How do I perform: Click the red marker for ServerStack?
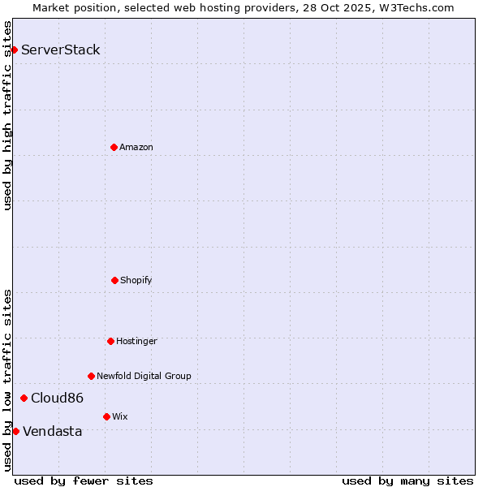coord(14,50)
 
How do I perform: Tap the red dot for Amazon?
coord(114,147)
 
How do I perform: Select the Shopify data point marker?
coord(114,280)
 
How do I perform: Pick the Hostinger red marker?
coord(110,341)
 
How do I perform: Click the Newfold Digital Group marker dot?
coord(91,376)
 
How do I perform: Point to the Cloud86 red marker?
coord(24,398)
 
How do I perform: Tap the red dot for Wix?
coord(106,416)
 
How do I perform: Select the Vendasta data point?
coord(15,431)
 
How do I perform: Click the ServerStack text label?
coord(61,50)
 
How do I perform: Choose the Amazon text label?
coord(136,148)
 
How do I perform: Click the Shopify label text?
coord(136,281)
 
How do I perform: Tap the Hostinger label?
coord(136,342)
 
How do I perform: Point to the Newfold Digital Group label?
coord(144,377)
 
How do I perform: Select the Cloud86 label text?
coord(57,399)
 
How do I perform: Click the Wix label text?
coord(120,417)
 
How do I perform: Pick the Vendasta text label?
coord(53,432)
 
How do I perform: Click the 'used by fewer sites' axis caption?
coord(84,481)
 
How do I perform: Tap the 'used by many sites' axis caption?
coord(407,481)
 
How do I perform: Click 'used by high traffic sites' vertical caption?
coord(7,115)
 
